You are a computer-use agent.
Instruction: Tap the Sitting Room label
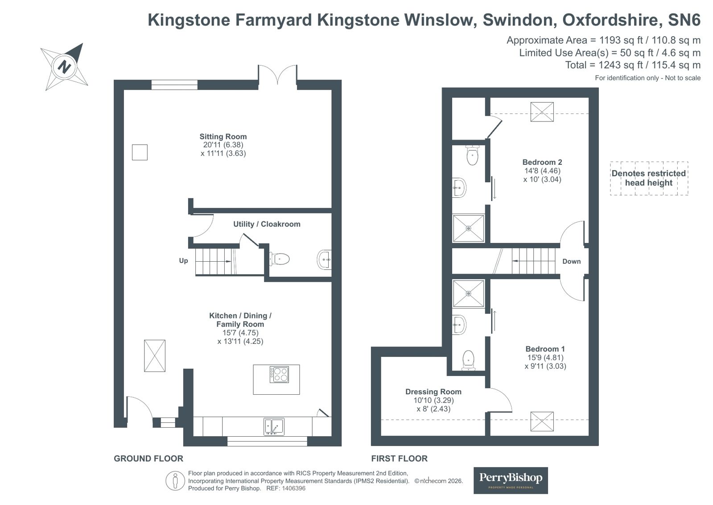pyautogui.click(x=223, y=137)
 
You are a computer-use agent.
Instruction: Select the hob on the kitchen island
pyautogui.click(x=279, y=374)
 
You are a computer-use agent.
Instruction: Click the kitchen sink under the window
pyautogui.click(x=274, y=426)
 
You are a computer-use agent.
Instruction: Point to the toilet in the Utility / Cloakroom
pyautogui.click(x=279, y=259)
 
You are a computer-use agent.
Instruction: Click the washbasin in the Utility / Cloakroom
pyautogui.click(x=324, y=259)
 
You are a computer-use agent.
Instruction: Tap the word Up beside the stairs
pyautogui.click(x=183, y=260)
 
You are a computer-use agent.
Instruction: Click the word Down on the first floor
pyautogui.click(x=571, y=261)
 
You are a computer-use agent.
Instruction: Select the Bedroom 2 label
pyautogui.click(x=542, y=162)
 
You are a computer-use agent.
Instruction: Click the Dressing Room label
pyautogui.click(x=433, y=392)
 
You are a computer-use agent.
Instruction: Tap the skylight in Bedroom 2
pyautogui.click(x=542, y=112)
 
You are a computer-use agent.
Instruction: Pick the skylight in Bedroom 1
pyautogui.click(x=542, y=422)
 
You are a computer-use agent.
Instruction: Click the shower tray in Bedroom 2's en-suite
pyautogui.click(x=468, y=228)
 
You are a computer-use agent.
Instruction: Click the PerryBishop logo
pyautogui.click(x=511, y=480)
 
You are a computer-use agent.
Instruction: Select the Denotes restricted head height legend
pyautogui.click(x=649, y=178)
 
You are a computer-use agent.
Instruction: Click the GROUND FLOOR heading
pyautogui.click(x=148, y=459)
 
